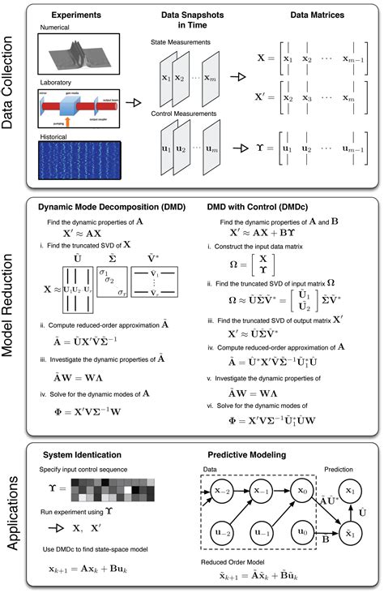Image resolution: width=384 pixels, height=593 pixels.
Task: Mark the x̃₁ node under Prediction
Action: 349,535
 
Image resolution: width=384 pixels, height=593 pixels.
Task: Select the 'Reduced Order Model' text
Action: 234,561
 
